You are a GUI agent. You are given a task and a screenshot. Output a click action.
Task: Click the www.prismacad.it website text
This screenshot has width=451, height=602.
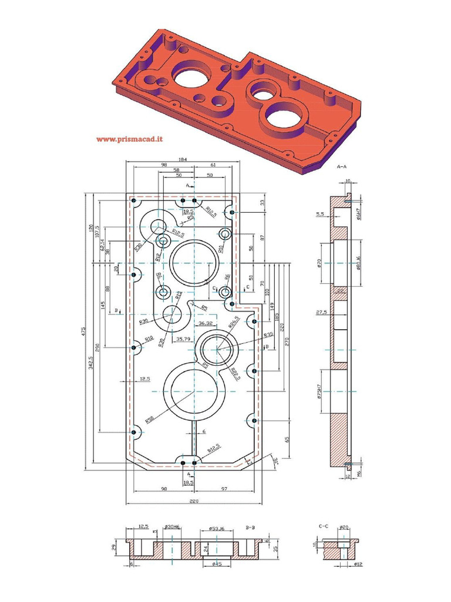129,139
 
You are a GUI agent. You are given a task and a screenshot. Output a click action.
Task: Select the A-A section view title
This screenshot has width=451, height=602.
343,167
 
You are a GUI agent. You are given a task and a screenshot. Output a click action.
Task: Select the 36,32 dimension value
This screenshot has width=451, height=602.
206,323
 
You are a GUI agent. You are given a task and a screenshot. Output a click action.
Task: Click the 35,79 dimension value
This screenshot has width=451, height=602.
183,339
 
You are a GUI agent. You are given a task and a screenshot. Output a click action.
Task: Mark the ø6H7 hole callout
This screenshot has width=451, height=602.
358,212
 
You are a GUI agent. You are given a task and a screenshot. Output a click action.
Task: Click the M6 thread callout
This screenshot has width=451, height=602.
358,473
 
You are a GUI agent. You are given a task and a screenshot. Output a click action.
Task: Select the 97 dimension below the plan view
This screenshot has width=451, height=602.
224,489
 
